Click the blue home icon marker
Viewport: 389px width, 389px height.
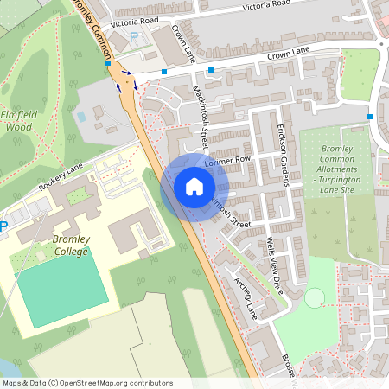[x=194, y=187]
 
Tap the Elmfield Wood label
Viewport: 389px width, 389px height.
[x=17, y=120]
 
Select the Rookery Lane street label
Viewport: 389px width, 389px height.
[x=61, y=177]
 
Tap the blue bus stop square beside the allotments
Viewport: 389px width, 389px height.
[x=370, y=117]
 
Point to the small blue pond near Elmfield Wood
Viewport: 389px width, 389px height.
[x=82, y=115]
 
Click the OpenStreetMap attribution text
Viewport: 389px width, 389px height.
[x=86, y=383]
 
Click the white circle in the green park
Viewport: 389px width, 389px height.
[x=314, y=297]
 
